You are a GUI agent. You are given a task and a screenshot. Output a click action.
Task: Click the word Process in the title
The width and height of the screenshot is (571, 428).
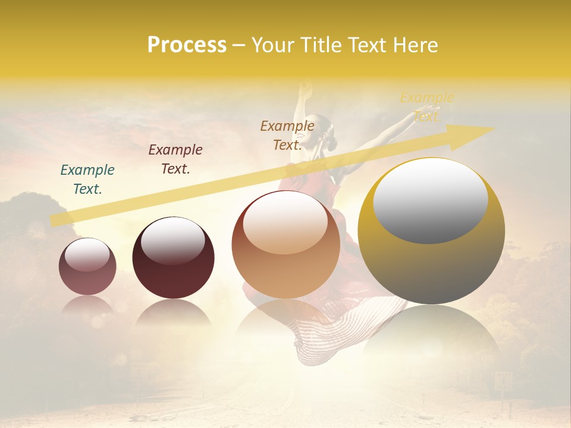187,45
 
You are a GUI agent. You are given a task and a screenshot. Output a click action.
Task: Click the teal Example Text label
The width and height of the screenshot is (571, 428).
87,179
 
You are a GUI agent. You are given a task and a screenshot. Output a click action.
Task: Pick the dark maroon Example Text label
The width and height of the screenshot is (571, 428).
175,159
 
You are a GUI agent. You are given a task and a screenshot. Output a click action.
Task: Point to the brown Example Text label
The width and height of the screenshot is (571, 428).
287,135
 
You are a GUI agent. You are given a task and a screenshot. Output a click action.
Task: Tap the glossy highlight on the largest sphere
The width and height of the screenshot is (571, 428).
430,200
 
